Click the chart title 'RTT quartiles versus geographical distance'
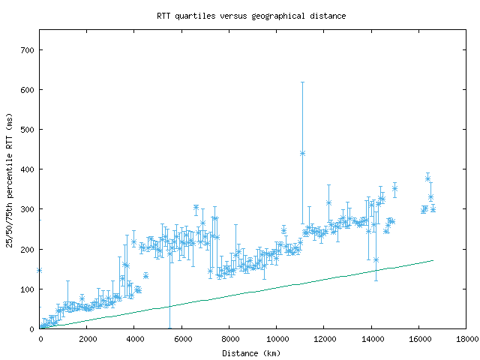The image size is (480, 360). (x=251, y=16)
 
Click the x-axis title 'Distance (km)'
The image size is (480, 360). (x=251, y=352)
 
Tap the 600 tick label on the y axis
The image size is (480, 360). (x=27, y=90)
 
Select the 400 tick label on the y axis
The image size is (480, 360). (x=27, y=169)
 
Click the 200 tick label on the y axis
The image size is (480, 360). (x=27, y=249)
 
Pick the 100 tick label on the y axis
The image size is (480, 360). (x=27, y=289)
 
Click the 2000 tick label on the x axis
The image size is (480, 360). (x=86, y=339)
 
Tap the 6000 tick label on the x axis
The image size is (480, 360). (x=181, y=339)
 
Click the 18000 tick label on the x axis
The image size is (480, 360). (x=465, y=339)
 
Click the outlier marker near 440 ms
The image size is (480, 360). (x=302, y=153)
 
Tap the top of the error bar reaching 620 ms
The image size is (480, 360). (x=302, y=82)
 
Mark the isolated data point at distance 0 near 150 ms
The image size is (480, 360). (x=39, y=270)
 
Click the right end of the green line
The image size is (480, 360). (x=433, y=260)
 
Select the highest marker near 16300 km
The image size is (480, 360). (x=427, y=178)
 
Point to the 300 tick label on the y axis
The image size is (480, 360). (x=27, y=209)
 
